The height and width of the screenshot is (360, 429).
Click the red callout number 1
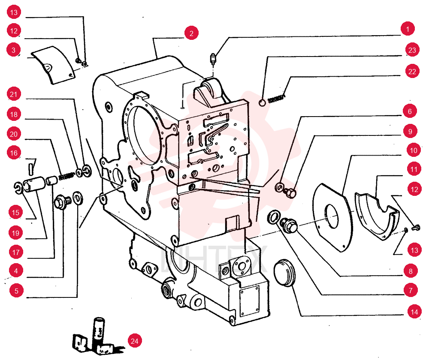408,29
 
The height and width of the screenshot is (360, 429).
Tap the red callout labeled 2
191,33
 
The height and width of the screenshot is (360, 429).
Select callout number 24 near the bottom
135,341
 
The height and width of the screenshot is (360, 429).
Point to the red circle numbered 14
414,312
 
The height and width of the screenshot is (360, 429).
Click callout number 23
412,50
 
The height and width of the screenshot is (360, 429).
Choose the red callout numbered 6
410,111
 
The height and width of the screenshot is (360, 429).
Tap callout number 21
14,94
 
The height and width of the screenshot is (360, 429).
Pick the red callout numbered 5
16,291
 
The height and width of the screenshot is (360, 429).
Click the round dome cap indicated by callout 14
284,273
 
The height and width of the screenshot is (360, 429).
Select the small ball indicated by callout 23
262,103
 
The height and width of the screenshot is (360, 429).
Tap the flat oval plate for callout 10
332,217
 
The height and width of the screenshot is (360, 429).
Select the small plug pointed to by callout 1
213,59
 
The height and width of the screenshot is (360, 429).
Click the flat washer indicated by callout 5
78,198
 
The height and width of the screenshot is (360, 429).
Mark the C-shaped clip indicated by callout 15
18,188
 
